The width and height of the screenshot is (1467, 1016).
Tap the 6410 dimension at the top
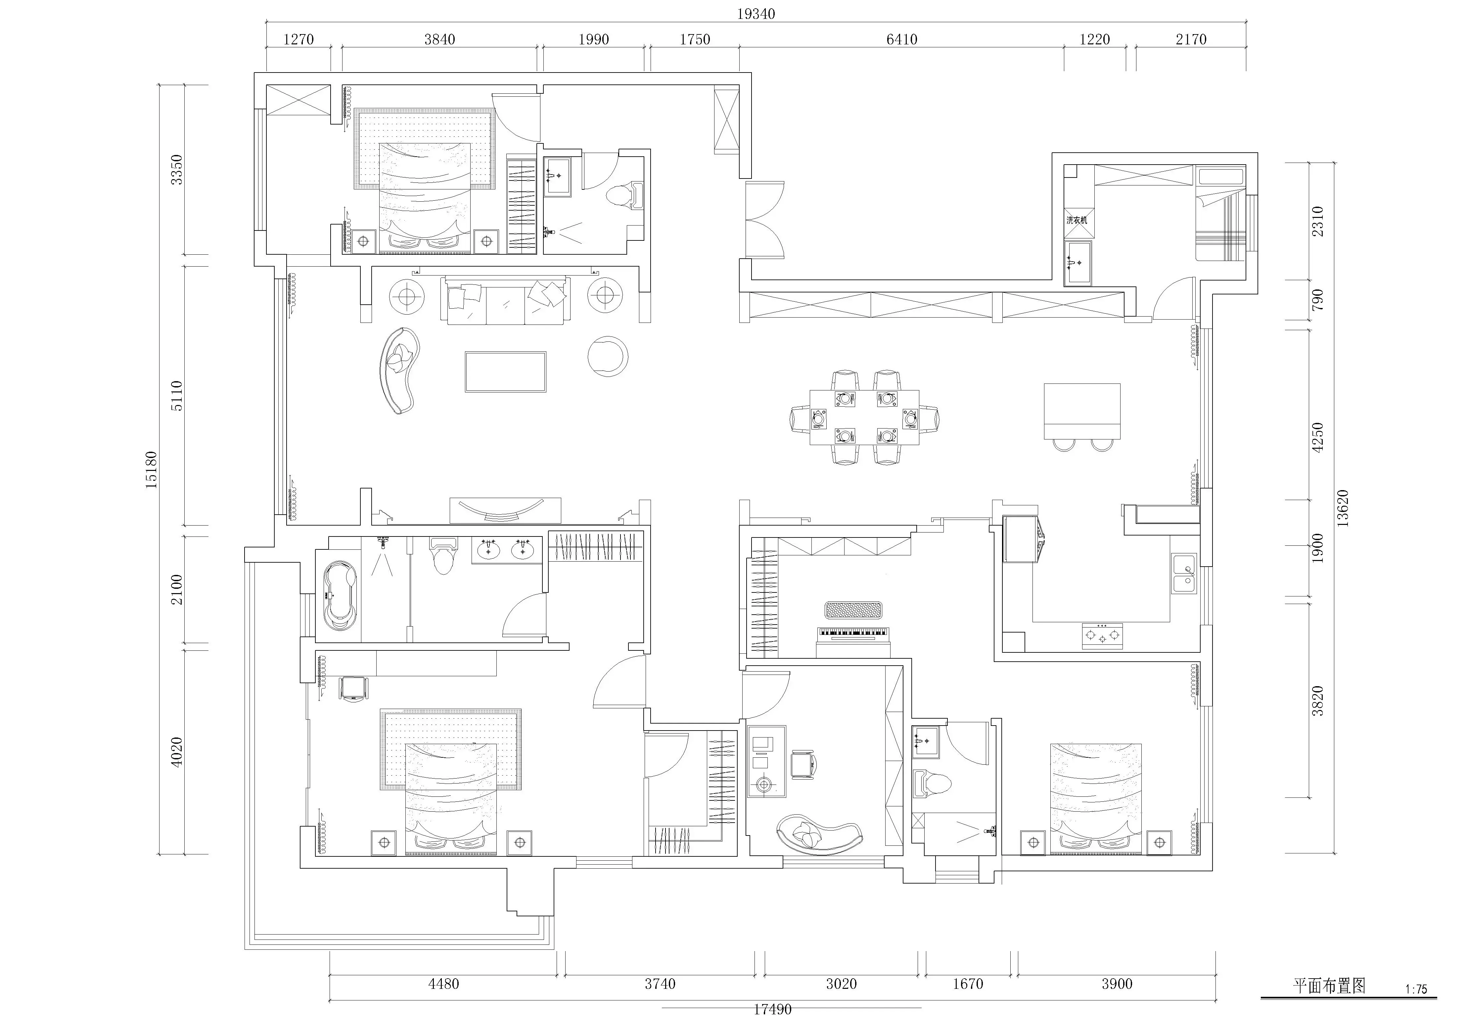coord(901,39)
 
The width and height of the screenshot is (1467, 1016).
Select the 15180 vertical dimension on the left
coord(151,470)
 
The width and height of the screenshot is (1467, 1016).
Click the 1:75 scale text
coord(1416,989)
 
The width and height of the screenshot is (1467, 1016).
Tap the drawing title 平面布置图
coord(1329,986)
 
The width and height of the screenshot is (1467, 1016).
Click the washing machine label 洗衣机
coord(1077,220)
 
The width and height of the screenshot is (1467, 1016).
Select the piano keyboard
coord(852,632)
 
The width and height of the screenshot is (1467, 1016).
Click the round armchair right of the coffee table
coord(608,356)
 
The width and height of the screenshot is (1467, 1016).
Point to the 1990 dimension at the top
coord(594,39)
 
